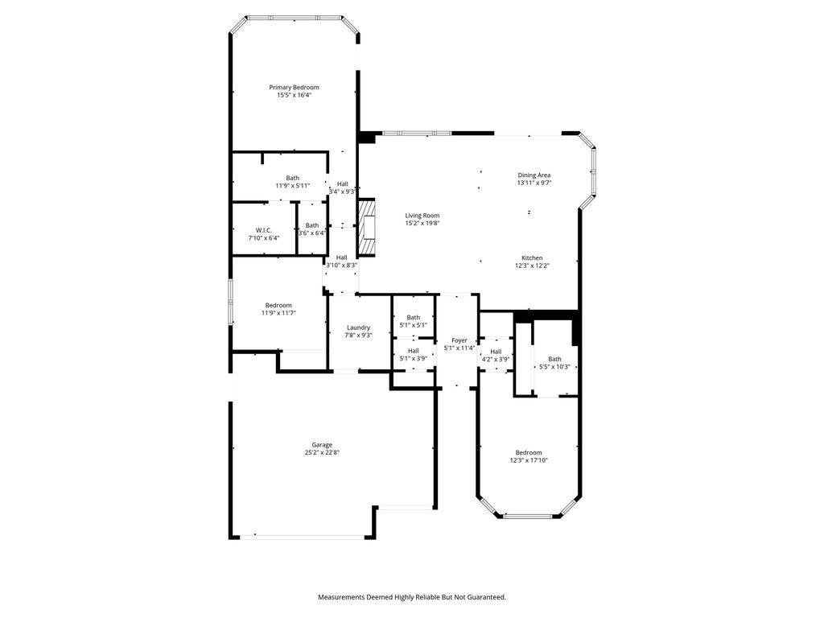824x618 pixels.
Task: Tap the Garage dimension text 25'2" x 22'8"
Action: pos(322,452)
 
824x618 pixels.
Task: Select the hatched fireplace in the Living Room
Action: pos(367,228)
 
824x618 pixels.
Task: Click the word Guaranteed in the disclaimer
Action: pos(488,597)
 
